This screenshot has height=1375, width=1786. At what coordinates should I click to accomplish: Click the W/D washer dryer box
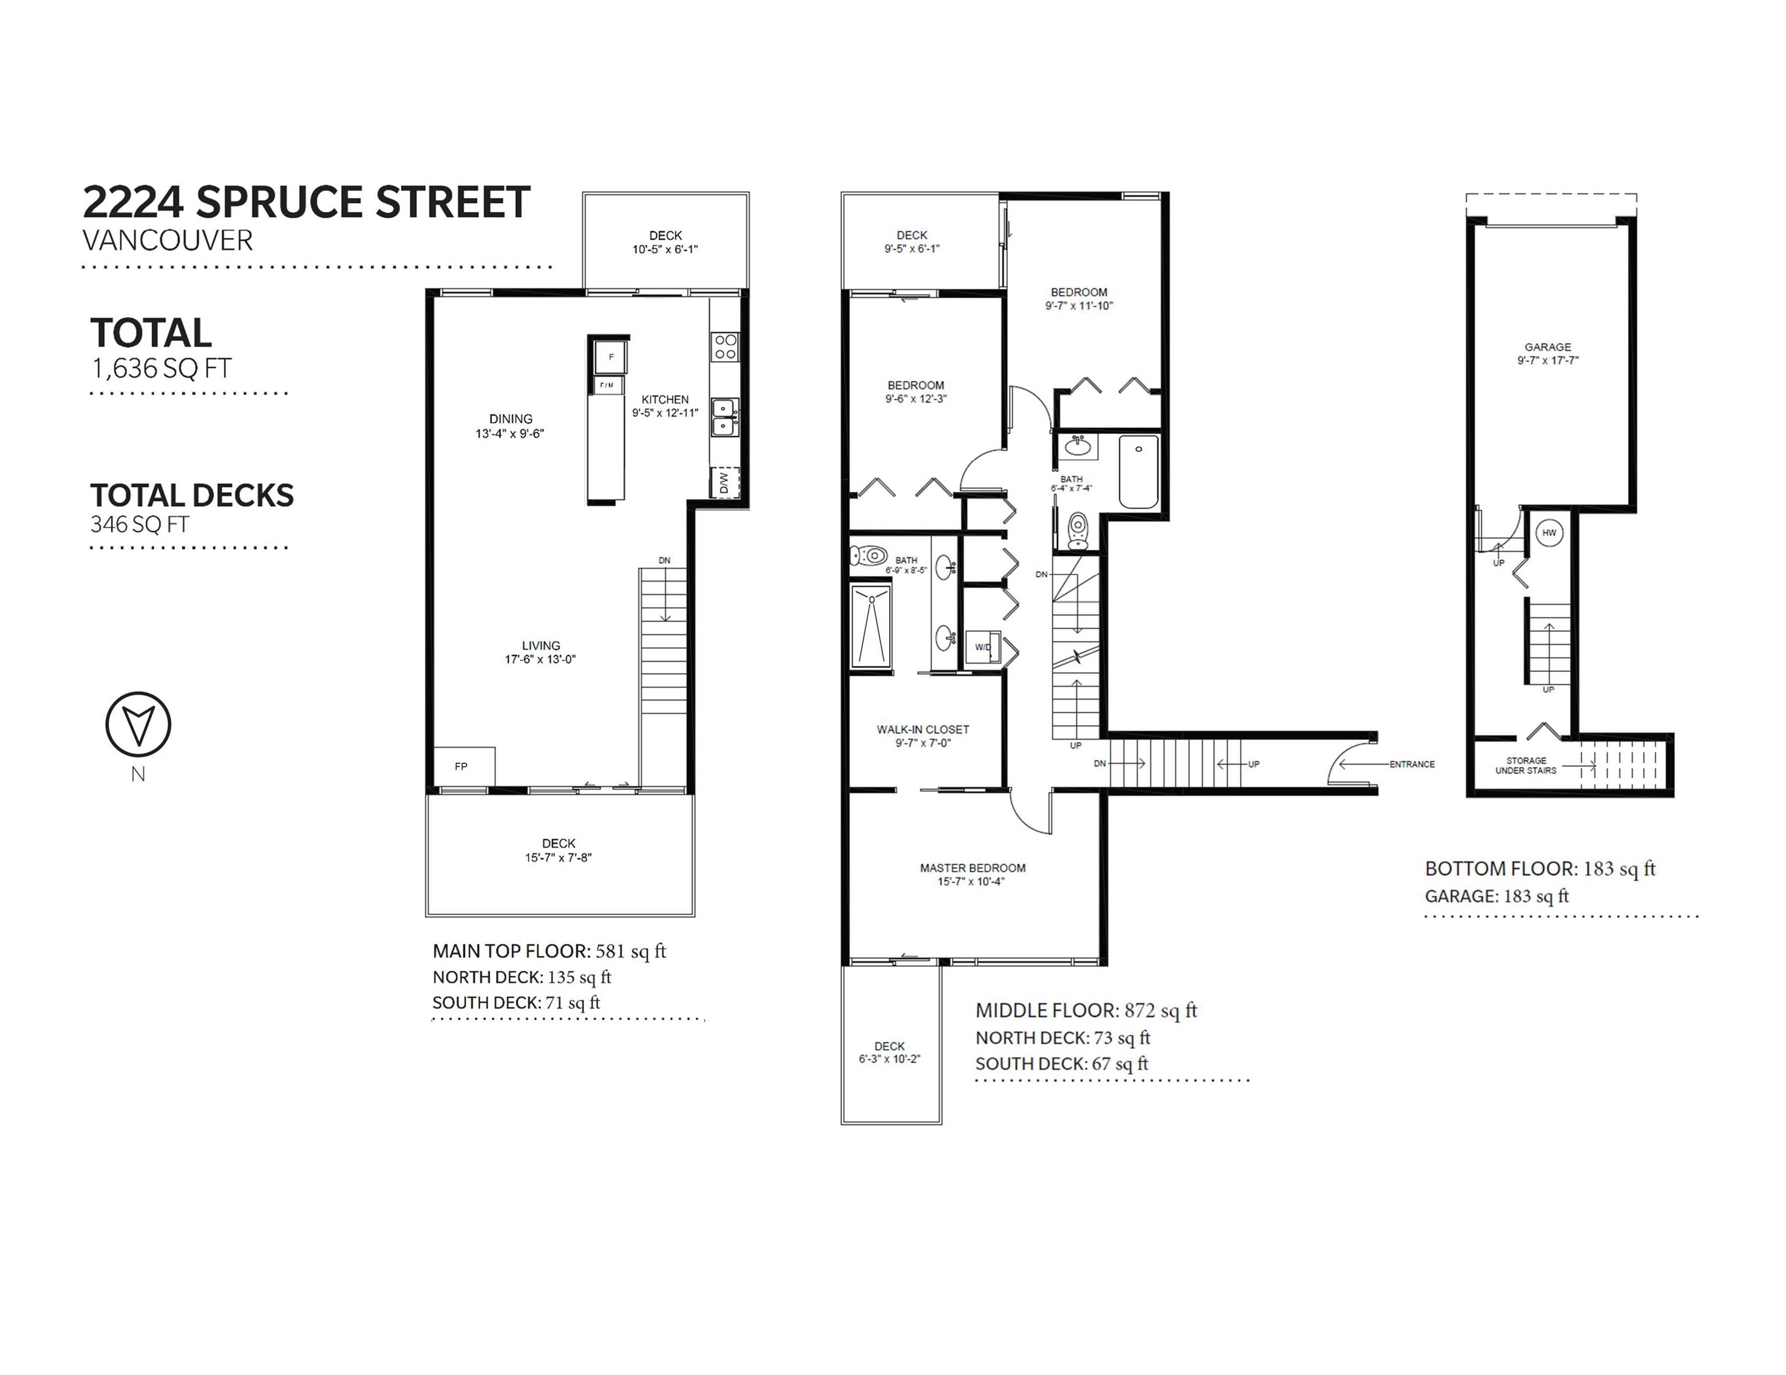tap(983, 648)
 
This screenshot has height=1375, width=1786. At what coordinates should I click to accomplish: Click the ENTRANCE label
tap(1412, 764)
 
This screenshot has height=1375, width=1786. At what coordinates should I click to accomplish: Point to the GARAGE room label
tap(1548, 347)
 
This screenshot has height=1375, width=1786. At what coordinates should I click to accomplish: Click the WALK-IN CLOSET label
tap(923, 729)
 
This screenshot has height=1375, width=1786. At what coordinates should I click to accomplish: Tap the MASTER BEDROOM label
tap(972, 867)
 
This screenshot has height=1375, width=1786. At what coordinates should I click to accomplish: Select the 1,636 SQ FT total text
tap(162, 369)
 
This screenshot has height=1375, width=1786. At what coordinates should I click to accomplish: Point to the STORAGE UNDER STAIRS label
tap(1526, 765)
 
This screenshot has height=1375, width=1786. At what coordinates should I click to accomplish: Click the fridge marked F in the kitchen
tap(610, 357)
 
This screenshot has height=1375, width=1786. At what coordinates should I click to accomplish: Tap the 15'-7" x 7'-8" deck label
tap(558, 858)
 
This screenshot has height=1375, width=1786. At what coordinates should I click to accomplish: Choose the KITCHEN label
tap(665, 399)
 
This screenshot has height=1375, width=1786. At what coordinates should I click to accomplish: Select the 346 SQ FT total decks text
tap(140, 524)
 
